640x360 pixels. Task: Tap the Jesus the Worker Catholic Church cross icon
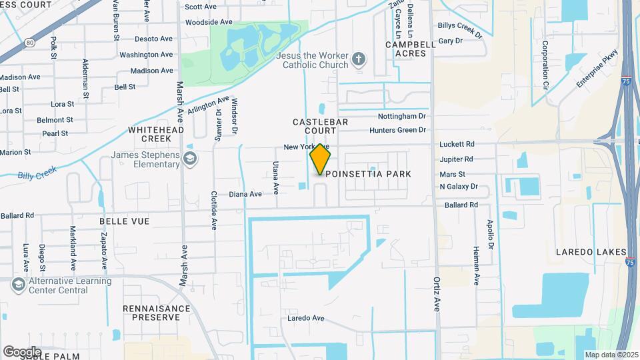pyautogui.click(x=359, y=60)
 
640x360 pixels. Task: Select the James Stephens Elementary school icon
pyautogui.click(x=190, y=158)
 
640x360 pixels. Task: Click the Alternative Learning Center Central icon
pyautogui.click(x=18, y=285)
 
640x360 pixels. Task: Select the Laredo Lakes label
pyautogui.click(x=591, y=252)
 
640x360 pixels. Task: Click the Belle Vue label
pyautogui.click(x=125, y=221)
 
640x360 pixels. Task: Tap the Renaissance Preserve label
pyautogui.click(x=151, y=313)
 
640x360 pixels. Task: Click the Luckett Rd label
pyautogui.click(x=457, y=144)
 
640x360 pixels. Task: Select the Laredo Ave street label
pyautogui.click(x=305, y=318)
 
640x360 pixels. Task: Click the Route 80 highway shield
pyautogui.click(x=30, y=43)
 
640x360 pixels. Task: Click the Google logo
pyautogui.click(x=22, y=351)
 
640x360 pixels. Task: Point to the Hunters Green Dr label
pyautogui.click(x=397, y=131)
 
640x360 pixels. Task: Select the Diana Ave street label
pyautogui.click(x=245, y=194)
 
